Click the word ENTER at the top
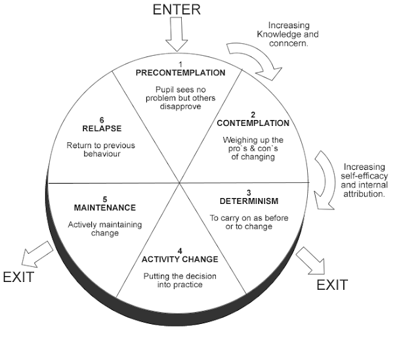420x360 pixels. pyautogui.click(x=177, y=9)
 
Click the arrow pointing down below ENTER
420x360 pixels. pyautogui.click(x=177, y=35)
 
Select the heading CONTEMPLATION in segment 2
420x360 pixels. pyautogui.click(x=253, y=123)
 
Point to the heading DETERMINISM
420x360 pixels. pyautogui.click(x=244, y=201)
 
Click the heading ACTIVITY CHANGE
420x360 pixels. pyautogui.click(x=180, y=259)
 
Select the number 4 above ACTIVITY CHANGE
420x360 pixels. pyautogui.click(x=180, y=250)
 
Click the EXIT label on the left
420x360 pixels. pyautogui.click(x=18, y=276)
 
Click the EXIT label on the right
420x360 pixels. pyautogui.click(x=332, y=285)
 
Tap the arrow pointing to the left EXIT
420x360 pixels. pyautogui.click(x=36, y=255)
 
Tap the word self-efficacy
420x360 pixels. pyautogui.click(x=363, y=176)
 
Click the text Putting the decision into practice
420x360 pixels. pyautogui.click(x=180, y=281)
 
